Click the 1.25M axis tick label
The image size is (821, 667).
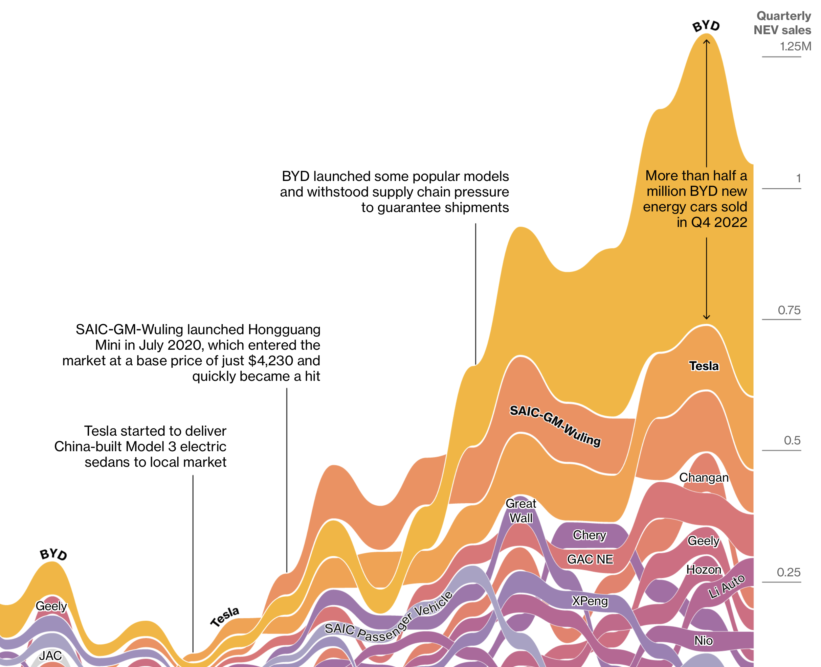coord(795,46)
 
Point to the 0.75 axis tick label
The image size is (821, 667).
coord(789,310)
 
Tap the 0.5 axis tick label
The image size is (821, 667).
coord(792,440)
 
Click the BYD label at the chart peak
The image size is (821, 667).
coord(706,26)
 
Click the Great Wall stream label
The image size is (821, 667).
coord(521,511)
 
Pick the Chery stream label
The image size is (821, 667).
coord(589,535)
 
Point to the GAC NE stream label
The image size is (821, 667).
coord(590,559)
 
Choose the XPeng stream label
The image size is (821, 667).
coord(590,601)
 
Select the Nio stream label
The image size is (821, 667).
coord(703,641)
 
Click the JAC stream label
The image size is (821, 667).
coord(50,655)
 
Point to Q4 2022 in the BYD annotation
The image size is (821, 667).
coord(719,222)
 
